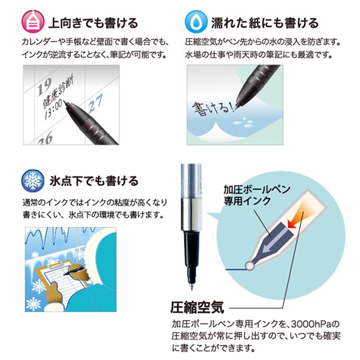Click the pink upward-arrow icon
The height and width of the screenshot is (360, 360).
coord(33,22)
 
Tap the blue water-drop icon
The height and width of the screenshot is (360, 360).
coord(196,22)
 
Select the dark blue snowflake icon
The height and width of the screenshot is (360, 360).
coord(33,181)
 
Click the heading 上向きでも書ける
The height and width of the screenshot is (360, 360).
coord(93,23)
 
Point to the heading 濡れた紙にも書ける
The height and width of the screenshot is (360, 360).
coord(265,23)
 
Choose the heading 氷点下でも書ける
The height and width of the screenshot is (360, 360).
coord(94,181)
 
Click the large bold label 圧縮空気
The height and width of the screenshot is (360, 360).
coord(197,307)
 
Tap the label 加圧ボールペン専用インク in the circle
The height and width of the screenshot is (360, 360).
coord(257,195)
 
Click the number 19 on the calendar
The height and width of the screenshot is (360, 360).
coord(44,86)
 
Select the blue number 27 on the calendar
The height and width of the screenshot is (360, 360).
coord(95,103)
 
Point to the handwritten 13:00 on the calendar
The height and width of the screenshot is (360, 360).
coord(53,110)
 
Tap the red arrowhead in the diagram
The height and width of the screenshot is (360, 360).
coord(291,223)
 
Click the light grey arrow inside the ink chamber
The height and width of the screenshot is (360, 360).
coord(275,241)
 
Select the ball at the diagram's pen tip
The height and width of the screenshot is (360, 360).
coord(249,266)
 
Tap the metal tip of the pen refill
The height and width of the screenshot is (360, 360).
coord(192,287)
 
